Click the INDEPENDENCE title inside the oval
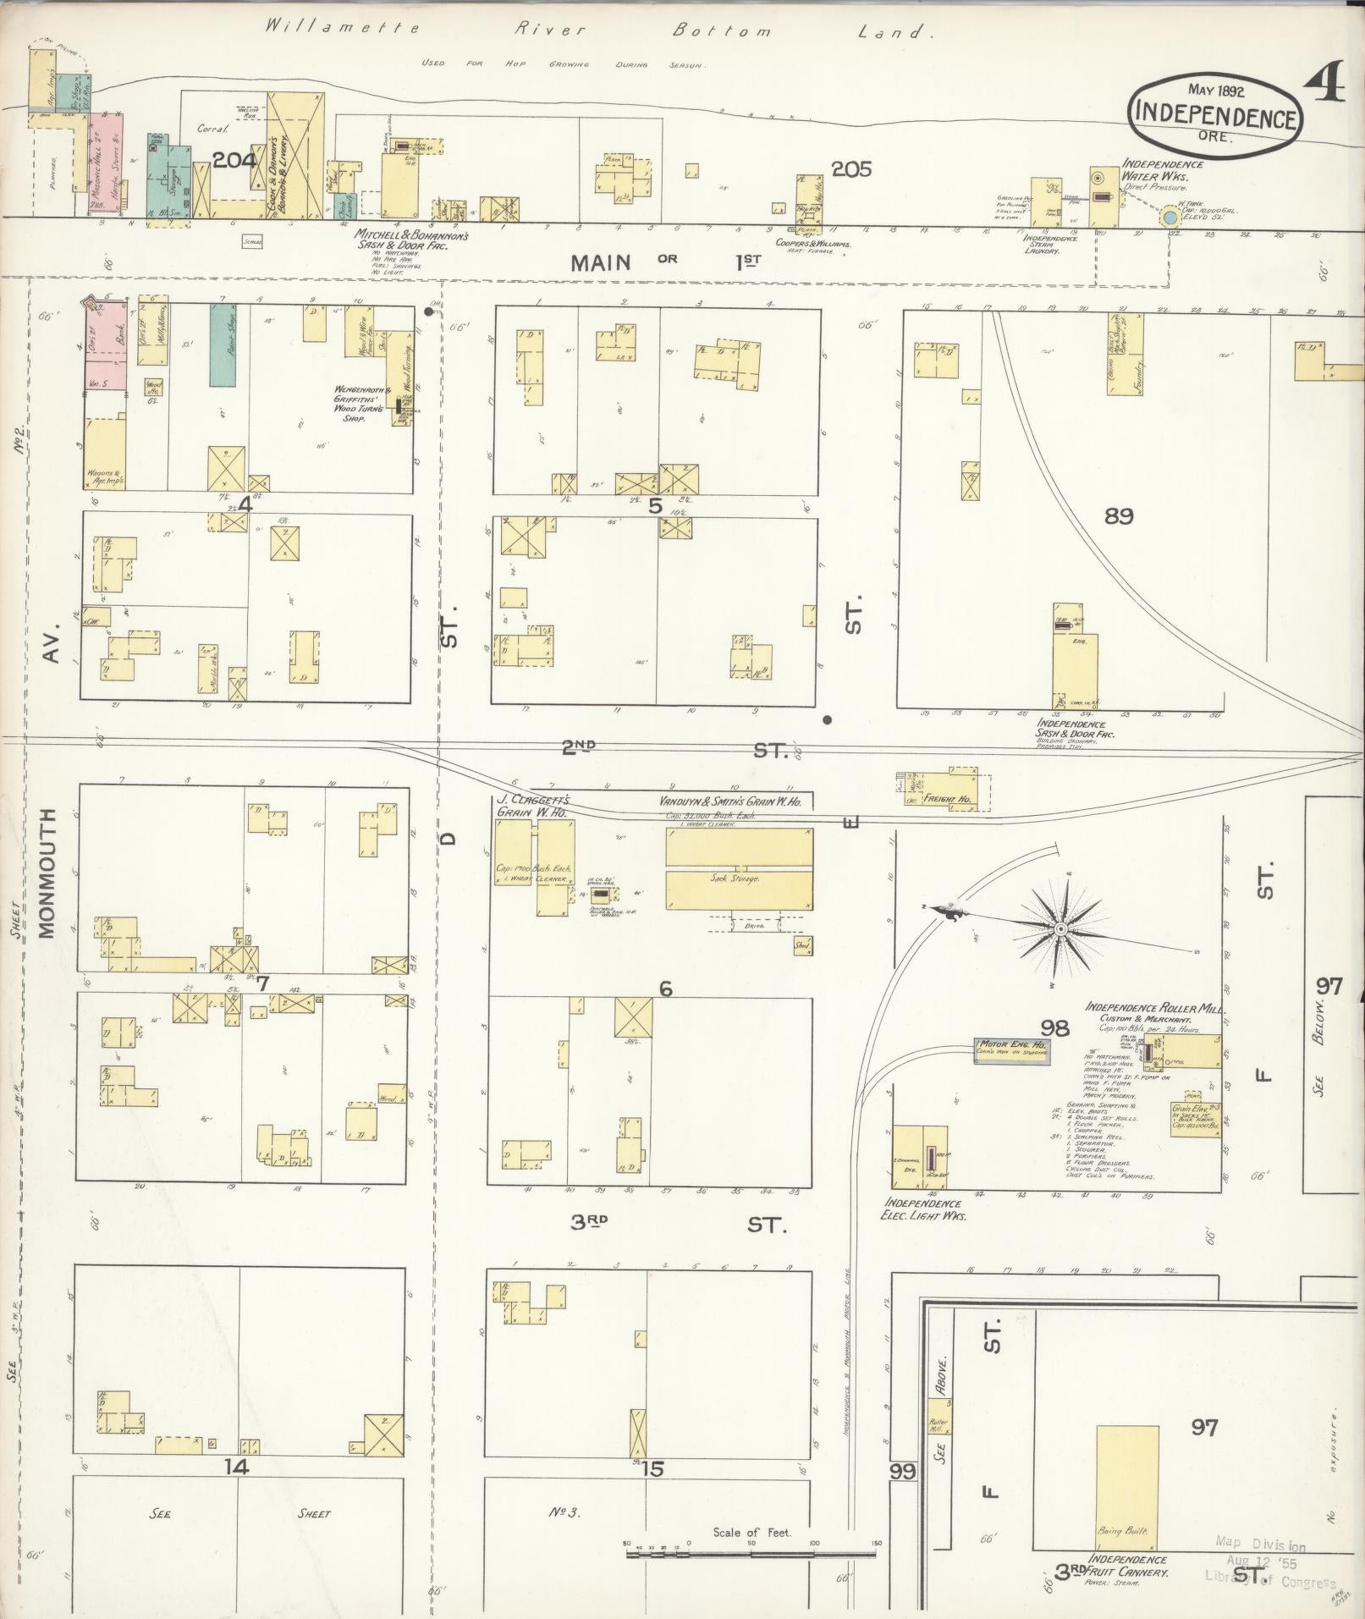click(x=1215, y=113)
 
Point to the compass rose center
click(x=1060, y=928)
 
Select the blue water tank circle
click(x=1170, y=218)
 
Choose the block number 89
click(x=1119, y=515)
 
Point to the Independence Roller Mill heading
click(x=1155, y=1008)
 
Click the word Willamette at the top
click(x=343, y=28)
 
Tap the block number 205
click(x=851, y=169)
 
